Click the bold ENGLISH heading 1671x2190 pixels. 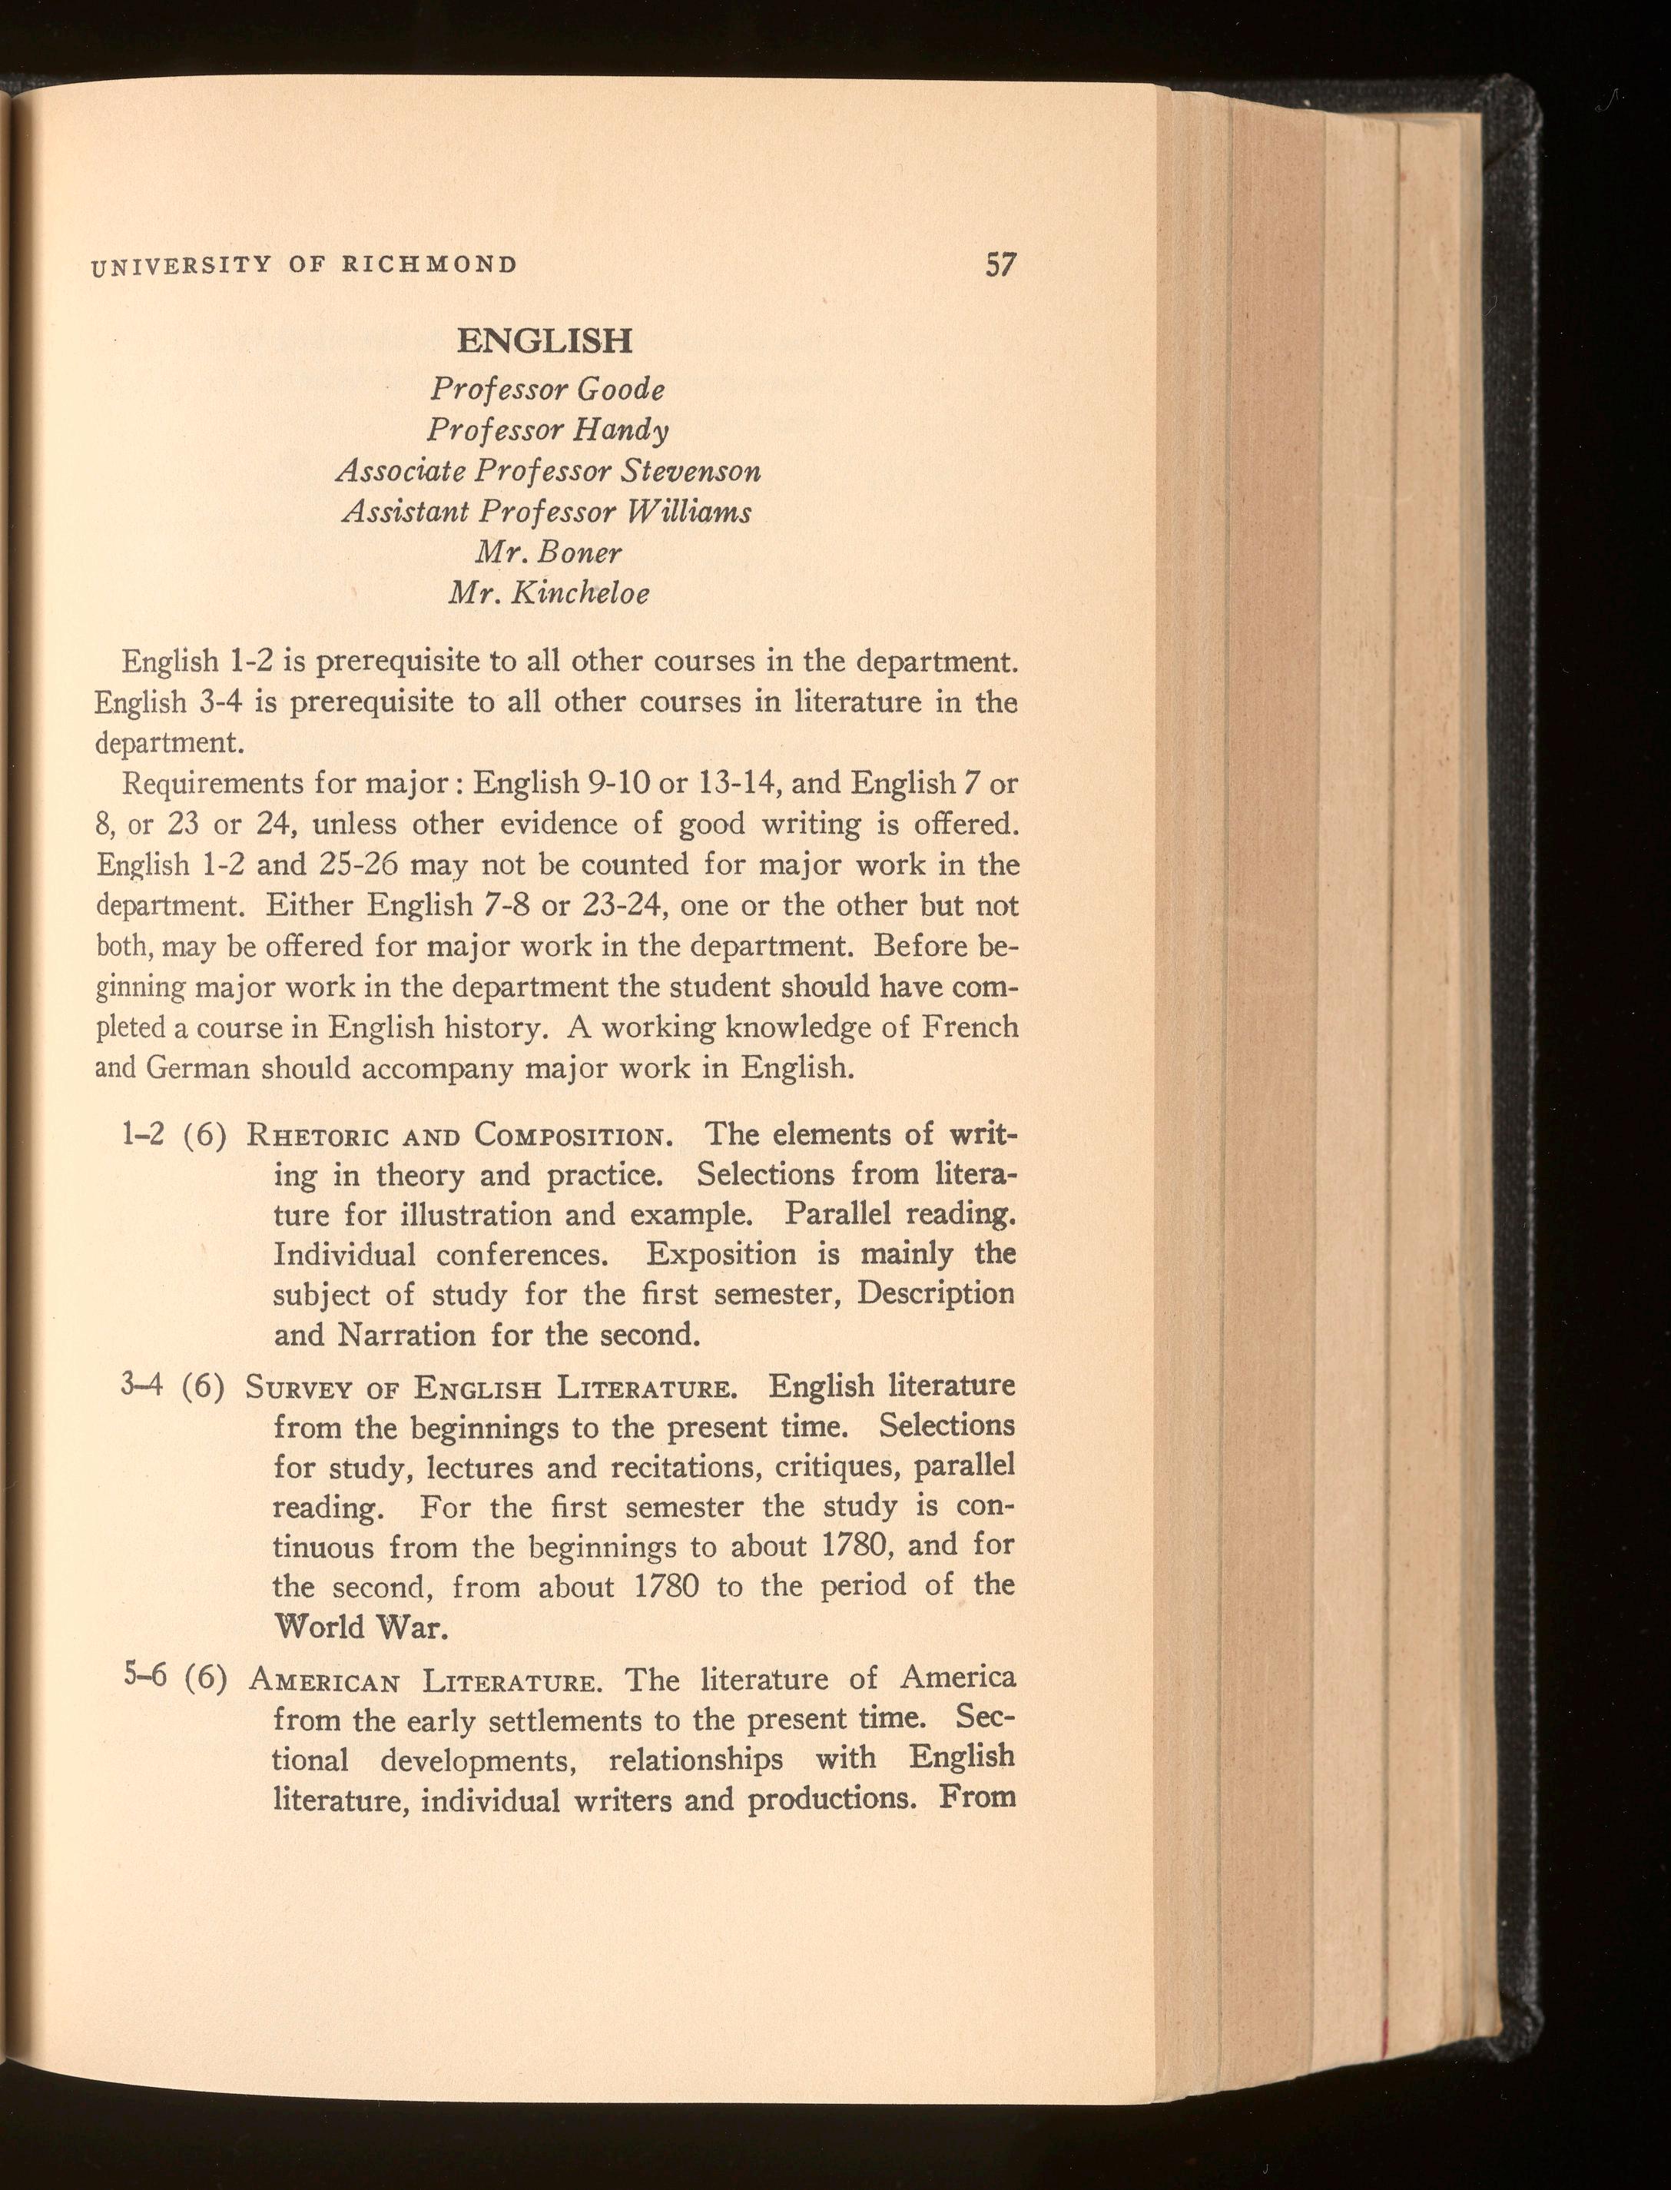point(544,341)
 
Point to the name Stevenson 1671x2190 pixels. point(691,470)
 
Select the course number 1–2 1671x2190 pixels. point(142,1135)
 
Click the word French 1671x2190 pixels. point(970,1027)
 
